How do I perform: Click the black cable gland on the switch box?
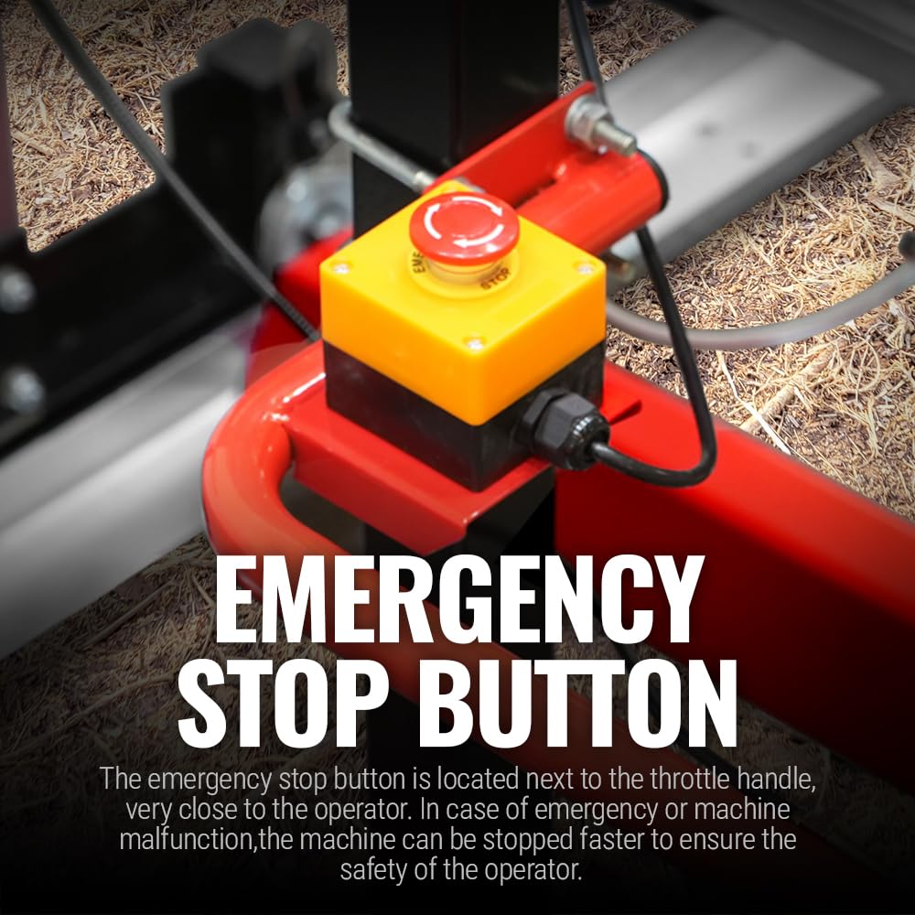[x=565, y=428]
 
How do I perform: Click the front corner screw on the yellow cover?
[x=474, y=342]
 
